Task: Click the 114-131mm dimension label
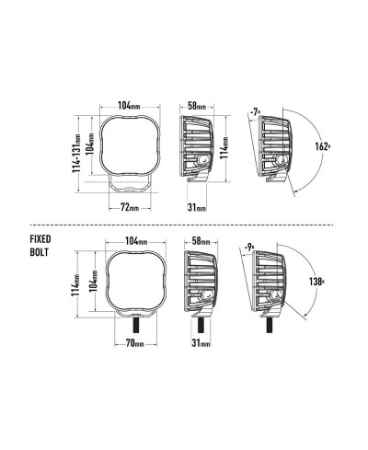76,154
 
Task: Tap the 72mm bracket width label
130,208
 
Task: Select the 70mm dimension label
135,343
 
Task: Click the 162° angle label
323,146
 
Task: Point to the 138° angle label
316,282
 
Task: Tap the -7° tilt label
255,112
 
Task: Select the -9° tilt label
250,247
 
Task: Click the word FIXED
40,239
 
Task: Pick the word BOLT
40,252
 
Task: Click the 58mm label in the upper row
197,106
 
